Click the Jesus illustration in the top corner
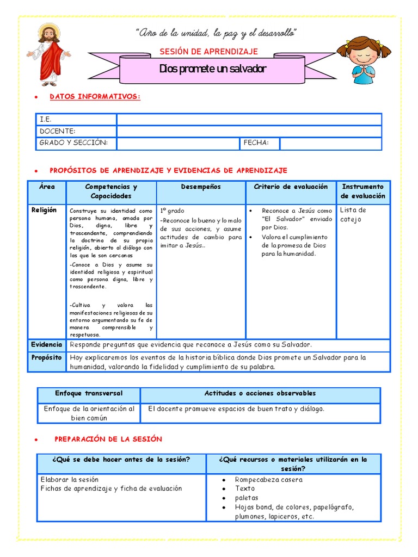(x=49, y=54)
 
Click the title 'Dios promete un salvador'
(x=213, y=70)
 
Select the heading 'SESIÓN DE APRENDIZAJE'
(x=208, y=52)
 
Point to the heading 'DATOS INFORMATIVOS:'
(x=95, y=97)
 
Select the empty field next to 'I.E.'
(x=249, y=119)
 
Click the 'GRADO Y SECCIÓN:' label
(x=73, y=143)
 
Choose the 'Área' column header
(x=47, y=187)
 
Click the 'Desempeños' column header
(x=201, y=187)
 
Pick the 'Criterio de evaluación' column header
(x=291, y=187)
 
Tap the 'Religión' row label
(x=44, y=210)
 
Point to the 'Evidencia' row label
(x=46, y=345)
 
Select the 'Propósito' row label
(x=46, y=358)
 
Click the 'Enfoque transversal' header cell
(x=89, y=393)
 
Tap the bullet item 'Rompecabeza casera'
(x=268, y=480)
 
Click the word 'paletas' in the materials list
(x=247, y=498)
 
